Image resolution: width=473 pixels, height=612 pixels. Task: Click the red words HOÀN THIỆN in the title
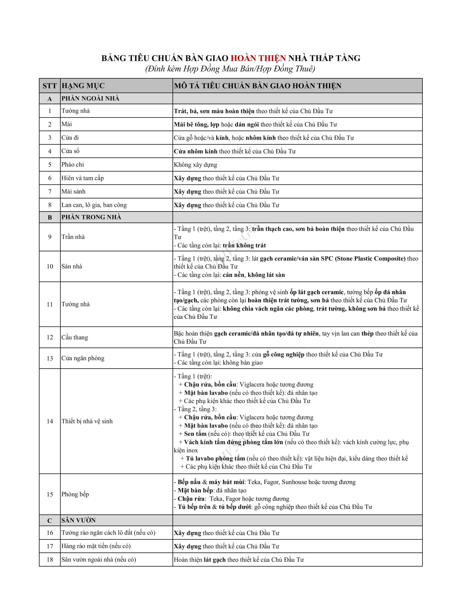258,58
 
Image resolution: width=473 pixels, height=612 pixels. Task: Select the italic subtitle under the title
230,69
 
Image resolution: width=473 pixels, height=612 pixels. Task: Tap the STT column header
50,86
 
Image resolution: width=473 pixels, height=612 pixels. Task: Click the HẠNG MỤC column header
83,86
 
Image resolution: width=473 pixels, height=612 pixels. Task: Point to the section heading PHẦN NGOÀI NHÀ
90,98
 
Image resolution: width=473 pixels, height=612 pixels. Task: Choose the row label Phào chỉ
73,164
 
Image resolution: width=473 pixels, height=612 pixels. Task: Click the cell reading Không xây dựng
195,165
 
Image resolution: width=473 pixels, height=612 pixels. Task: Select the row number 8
50,205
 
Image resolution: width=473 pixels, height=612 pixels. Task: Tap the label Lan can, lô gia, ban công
94,205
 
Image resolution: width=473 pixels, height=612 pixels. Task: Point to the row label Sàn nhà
72,266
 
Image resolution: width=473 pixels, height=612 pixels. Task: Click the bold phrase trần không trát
244,246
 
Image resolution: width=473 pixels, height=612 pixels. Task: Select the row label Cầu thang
75,337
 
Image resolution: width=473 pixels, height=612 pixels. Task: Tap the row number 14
50,421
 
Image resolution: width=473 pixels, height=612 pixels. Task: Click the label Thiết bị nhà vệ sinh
87,421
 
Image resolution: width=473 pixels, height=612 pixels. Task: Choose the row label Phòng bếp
75,494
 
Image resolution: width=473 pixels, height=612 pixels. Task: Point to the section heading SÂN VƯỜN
78,520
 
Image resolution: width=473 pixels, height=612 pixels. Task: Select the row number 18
50,560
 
